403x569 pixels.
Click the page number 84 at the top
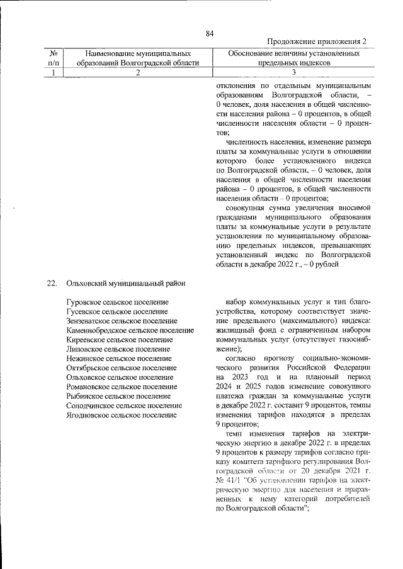210,33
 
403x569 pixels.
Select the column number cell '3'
293,72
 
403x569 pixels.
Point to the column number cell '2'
137,72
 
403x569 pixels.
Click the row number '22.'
52,283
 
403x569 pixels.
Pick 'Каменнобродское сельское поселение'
129,330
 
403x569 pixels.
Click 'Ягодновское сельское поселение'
121,416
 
